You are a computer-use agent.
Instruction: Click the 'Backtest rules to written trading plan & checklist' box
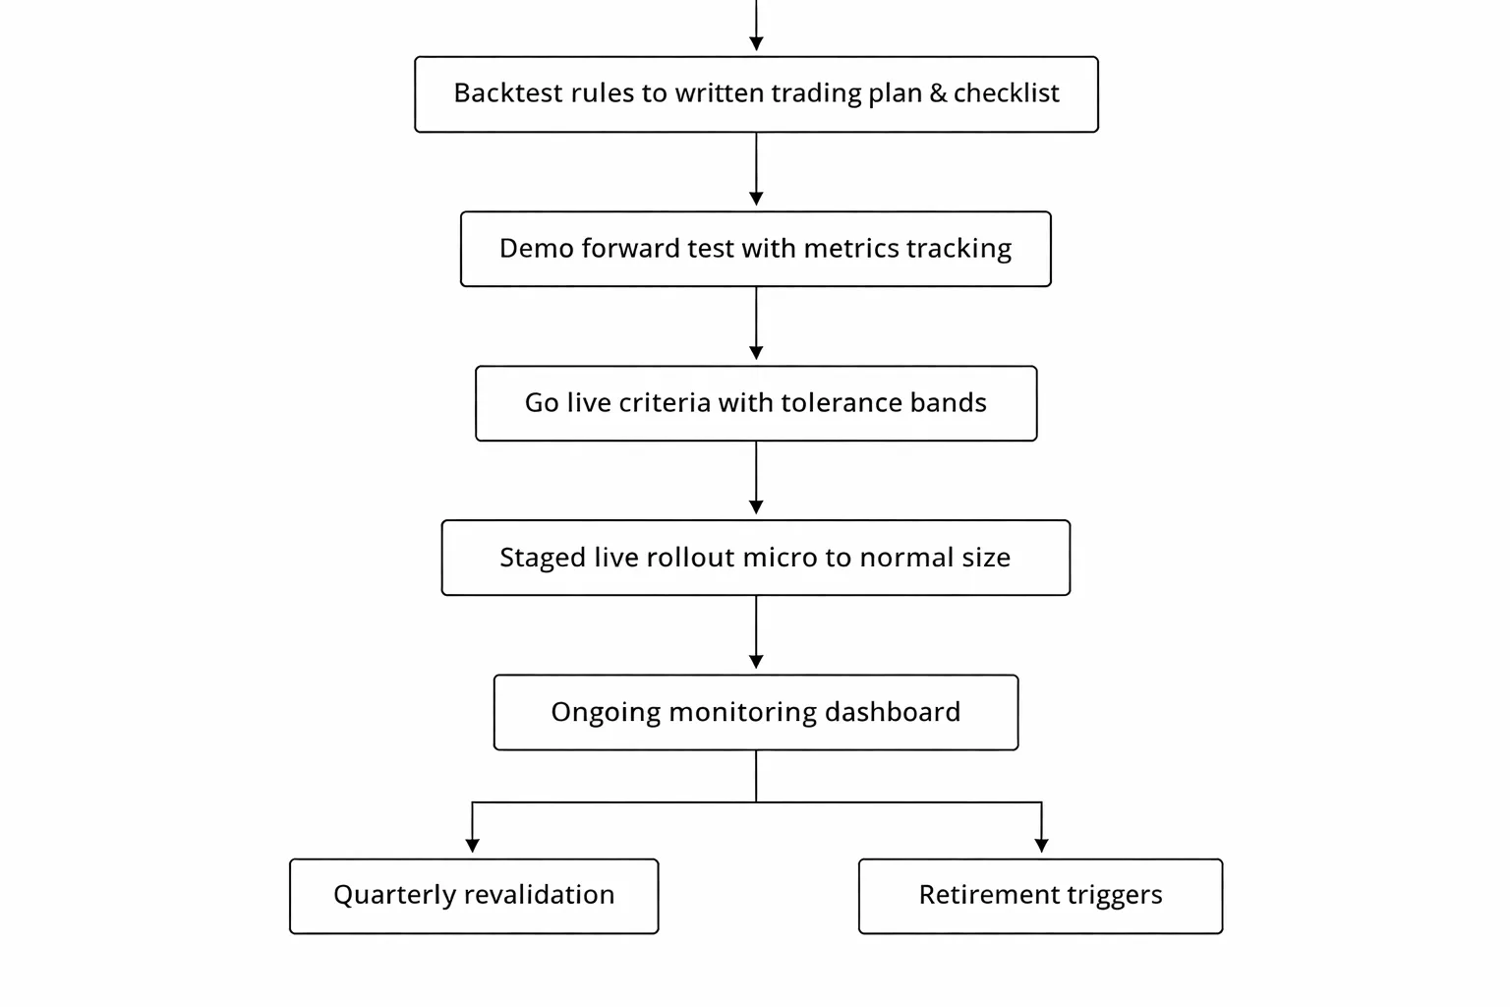756,94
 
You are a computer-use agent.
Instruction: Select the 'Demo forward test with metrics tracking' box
756,249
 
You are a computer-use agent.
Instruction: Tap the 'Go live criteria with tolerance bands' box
756,403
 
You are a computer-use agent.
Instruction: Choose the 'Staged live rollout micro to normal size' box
756,558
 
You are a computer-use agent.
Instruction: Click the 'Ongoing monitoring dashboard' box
756,712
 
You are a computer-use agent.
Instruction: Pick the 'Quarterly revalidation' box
474,896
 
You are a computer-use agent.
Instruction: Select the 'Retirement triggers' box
1040,896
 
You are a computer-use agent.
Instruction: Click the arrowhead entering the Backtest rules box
756,44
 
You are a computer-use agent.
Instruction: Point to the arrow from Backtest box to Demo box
756,169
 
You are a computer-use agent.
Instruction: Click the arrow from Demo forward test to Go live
756,325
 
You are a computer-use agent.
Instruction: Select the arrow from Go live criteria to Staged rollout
756,479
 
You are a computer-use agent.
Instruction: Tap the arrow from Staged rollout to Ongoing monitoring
756,633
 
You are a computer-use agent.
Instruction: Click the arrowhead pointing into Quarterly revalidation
473,845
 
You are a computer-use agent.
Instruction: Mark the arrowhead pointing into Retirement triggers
1041,845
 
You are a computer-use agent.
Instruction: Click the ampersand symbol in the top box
938,93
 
